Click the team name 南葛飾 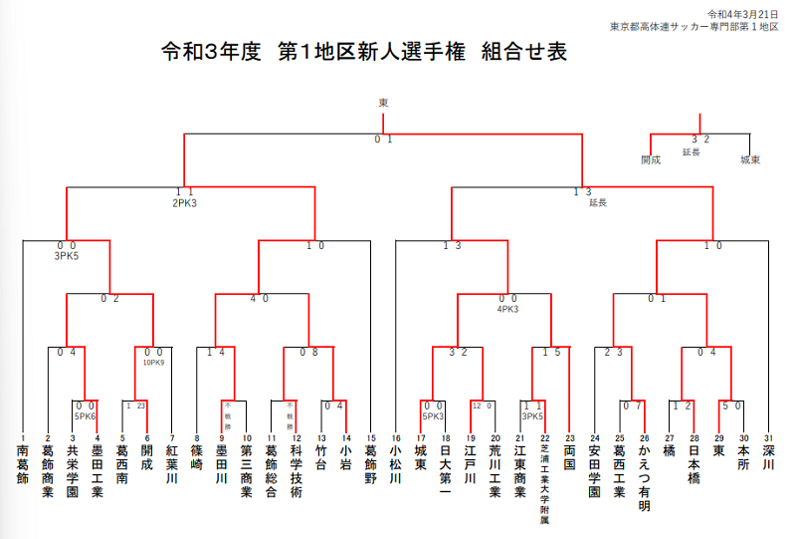[x=22, y=466]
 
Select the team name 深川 [x=768, y=459]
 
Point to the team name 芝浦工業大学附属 [x=544, y=485]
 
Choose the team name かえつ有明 [x=644, y=478]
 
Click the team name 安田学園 [x=595, y=472]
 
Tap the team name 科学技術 [x=296, y=472]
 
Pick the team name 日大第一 [x=445, y=472]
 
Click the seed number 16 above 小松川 [x=395, y=437]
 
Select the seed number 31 [x=768, y=437]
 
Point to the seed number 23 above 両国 [x=569, y=437]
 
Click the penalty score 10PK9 [x=153, y=362]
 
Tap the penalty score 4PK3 [x=507, y=308]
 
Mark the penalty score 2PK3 [x=184, y=202]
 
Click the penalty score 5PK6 [x=84, y=415]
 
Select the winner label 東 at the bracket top [x=383, y=102]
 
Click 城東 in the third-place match [x=750, y=159]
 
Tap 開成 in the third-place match [x=651, y=159]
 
